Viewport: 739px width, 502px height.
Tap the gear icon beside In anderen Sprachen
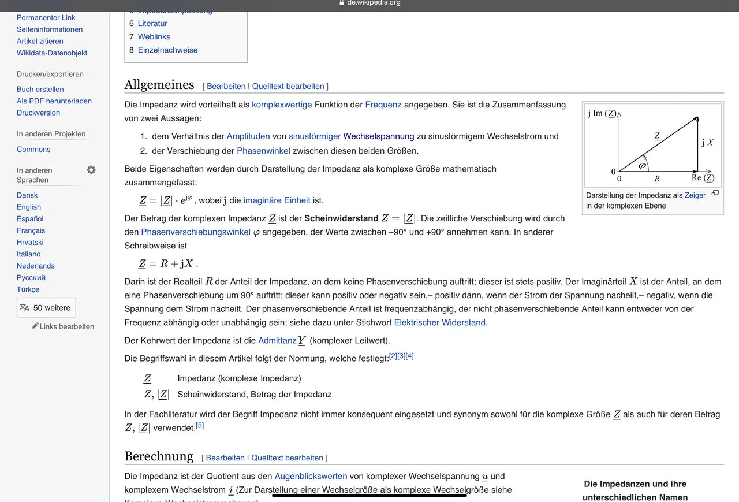pyautogui.click(x=91, y=170)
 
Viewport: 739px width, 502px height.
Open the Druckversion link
pyautogui.click(x=38, y=113)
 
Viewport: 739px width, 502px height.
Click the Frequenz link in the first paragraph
pyautogui.click(x=383, y=105)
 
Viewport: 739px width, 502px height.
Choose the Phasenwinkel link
pyautogui.click(x=263, y=151)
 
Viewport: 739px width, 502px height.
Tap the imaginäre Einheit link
pyautogui.click(x=277, y=200)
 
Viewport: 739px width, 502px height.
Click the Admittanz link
pyautogui.click(x=277, y=340)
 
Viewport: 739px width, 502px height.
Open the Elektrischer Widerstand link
pyautogui.click(x=439, y=322)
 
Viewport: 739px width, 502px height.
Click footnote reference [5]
pyautogui.click(x=200, y=426)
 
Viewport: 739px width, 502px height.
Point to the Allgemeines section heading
pyautogui.click(x=159, y=85)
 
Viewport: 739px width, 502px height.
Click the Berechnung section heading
pyautogui.click(x=159, y=456)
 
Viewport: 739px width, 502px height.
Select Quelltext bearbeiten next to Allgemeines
pyautogui.click(x=288, y=86)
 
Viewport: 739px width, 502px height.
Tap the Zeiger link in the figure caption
pyautogui.click(x=695, y=195)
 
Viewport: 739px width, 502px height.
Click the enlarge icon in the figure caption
pyautogui.click(x=715, y=193)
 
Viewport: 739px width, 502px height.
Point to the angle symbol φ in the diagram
pyautogui.click(x=642, y=166)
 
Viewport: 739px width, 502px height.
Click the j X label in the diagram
pyautogui.click(x=707, y=143)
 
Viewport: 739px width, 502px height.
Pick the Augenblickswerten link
pyautogui.click(x=311, y=477)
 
